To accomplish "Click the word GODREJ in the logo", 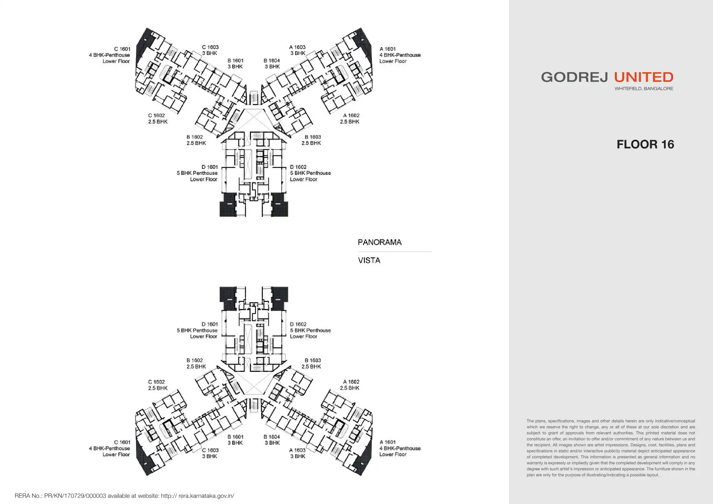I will (574, 77).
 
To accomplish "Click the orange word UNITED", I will (644, 77).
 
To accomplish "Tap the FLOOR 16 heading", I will (645, 144).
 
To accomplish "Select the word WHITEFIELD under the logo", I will (628, 89).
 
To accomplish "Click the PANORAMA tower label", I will (379, 242).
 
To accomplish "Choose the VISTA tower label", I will (369, 261).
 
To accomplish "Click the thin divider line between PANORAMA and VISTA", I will (394, 252).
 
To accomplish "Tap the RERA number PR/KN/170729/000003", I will (75, 496).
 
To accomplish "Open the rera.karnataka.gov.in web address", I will (206, 496).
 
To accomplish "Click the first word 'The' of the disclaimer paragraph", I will (530, 421).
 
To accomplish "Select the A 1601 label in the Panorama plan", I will (387, 49).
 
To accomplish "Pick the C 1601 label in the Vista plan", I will (122, 442).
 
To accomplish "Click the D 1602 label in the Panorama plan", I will (298, 167).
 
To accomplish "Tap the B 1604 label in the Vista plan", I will (272, 437).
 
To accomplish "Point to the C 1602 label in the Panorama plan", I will (156, 116).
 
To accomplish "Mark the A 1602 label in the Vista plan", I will (351, 382).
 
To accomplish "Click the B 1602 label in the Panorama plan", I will (195, 137).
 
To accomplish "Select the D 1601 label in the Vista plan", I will (210, 324).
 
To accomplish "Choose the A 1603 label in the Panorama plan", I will (297, 47).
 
